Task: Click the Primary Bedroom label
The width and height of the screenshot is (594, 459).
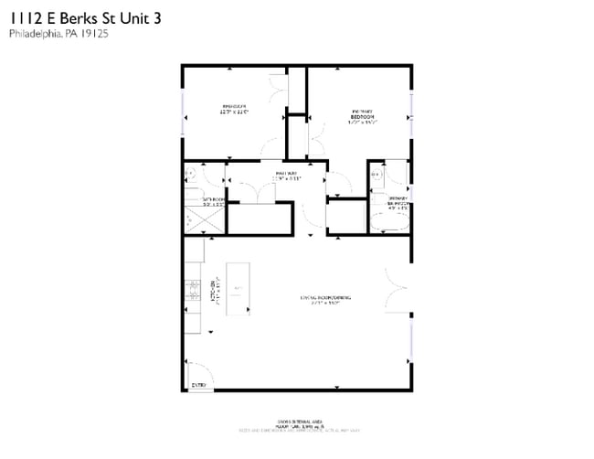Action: point(361,116)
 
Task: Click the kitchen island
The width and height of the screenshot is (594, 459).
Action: point(238,289)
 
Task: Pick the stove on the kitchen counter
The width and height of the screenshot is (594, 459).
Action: point(193,290)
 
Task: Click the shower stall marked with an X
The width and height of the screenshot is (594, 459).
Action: point(193,219)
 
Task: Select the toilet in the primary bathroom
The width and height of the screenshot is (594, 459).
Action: point(376,172)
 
